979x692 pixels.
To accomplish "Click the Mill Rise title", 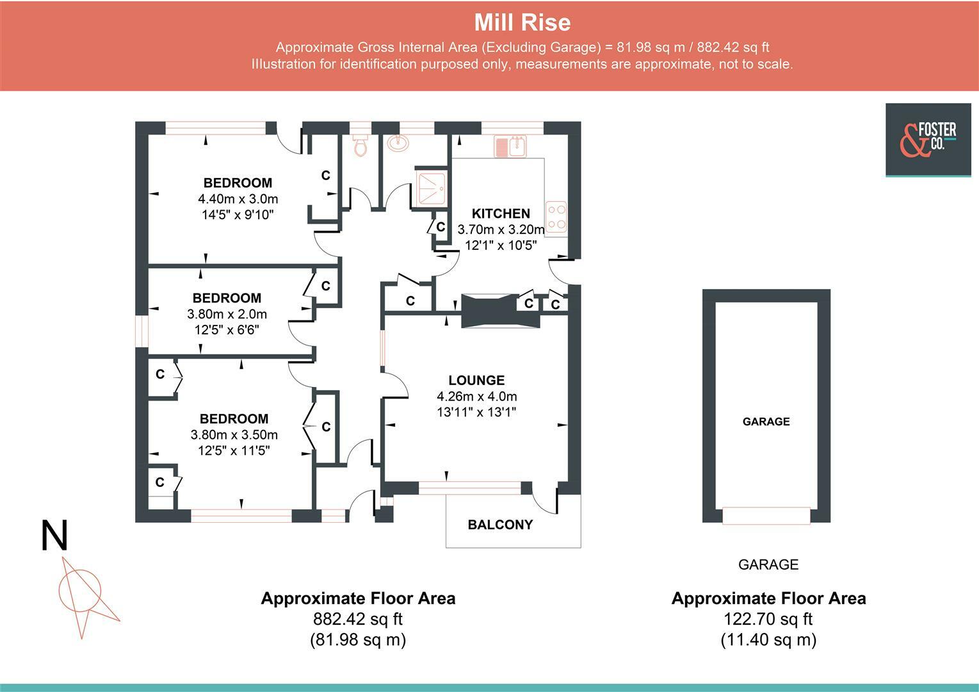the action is tap(522, 22).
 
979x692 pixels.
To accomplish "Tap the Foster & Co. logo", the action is tap(928, 140).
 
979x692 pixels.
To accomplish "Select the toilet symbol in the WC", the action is tap(360, 145).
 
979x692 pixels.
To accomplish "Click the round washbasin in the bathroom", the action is tap(398, 143).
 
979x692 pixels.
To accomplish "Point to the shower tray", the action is tap(432, 188).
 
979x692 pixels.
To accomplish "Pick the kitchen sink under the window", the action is tap(510, 146).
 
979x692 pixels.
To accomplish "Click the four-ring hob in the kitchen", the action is tap(556, 217).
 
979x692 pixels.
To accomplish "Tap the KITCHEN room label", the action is tap(501, 213).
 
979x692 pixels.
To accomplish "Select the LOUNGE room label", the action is tap(476, 380).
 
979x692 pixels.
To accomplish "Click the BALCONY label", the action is tap(500, 525).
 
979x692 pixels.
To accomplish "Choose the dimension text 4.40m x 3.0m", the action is tap(238, 199).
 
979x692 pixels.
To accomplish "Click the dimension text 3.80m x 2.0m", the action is tap(227, 314).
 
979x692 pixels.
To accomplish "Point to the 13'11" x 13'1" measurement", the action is tap(476, 412).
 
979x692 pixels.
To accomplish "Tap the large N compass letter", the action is tap(54, 536).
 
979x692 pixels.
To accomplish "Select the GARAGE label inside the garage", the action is tap(766, 422).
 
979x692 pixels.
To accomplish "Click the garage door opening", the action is tap(766, 515).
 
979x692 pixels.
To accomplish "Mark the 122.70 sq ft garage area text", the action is tap(768, 619).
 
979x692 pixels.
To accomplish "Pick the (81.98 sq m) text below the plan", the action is tap(358, 639).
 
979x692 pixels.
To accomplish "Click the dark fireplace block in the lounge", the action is tap(501, 311).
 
